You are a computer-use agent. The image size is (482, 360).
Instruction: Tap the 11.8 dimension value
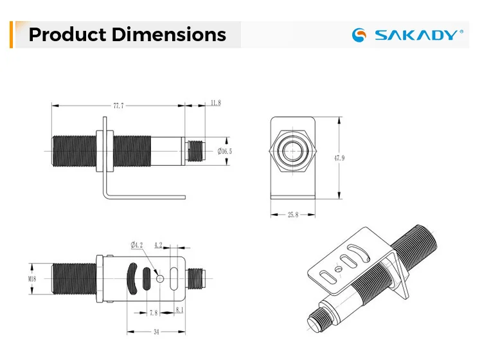click(215, 103)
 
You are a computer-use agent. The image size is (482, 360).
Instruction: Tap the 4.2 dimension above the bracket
click(159, 245)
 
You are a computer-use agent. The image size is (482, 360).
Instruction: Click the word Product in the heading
click(67, 34)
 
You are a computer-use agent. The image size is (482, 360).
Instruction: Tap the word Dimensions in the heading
click(169, 34)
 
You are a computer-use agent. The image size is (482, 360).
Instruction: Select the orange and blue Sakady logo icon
click(361, 35)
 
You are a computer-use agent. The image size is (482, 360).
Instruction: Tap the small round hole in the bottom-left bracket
click(160, 278)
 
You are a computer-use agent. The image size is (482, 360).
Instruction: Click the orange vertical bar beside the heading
click(12, 34)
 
